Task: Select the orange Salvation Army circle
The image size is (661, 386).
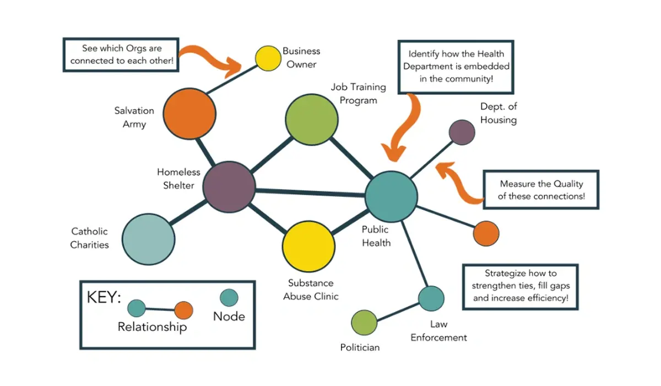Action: (189, 114)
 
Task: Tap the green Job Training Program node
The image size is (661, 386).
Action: (311, 120)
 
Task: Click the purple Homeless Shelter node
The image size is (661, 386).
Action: (229, 187)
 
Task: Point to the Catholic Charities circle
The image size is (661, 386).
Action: (148, 240)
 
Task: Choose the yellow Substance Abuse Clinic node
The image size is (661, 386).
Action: (308, 246)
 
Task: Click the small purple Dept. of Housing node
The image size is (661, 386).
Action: (462, 132)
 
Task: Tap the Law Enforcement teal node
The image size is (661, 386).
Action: (431, 298)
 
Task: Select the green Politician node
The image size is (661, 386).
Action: (364, 323)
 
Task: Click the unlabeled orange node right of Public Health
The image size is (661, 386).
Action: (486, 233)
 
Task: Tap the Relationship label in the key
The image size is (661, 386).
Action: (152, 327)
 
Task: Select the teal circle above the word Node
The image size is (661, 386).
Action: (229, 298)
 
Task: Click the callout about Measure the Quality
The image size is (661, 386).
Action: (541, 190)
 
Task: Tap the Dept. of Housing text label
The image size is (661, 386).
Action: (498, 113)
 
